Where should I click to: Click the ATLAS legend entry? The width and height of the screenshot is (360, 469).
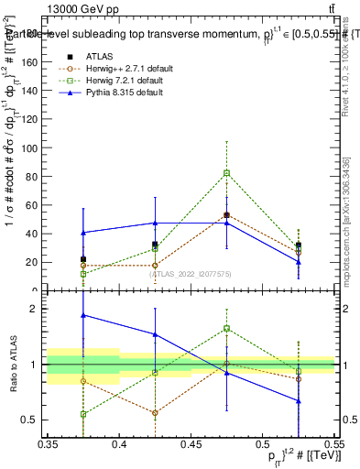[x=98, y=56]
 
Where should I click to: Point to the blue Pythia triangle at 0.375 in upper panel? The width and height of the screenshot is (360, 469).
[x=83, y=233]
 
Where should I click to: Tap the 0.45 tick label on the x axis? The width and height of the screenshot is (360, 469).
[x=191, y=444]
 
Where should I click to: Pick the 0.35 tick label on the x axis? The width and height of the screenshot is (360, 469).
[x=48, y=444]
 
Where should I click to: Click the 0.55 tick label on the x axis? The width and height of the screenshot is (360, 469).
[x=333, y=444]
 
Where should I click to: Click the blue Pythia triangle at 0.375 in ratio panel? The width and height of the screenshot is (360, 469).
[x=83, y=315]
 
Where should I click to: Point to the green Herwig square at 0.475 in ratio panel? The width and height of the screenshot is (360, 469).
[x=226, y=328]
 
